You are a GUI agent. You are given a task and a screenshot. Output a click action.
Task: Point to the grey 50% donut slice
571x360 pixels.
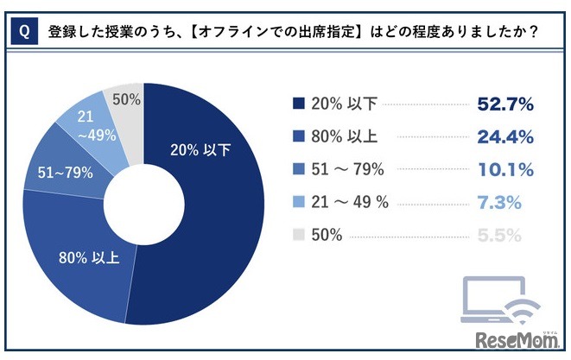tap(125, 102)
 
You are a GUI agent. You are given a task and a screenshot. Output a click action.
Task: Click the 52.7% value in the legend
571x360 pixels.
tap(505, 105)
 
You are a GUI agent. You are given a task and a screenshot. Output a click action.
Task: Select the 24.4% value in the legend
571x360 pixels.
tap(505, 136)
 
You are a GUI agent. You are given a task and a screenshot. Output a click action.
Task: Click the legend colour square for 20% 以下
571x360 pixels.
tap(299, 105)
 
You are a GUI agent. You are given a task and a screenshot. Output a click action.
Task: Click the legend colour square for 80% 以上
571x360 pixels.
tap(299, 136)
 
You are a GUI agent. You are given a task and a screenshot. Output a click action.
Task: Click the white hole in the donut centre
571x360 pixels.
tap(143, 206)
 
